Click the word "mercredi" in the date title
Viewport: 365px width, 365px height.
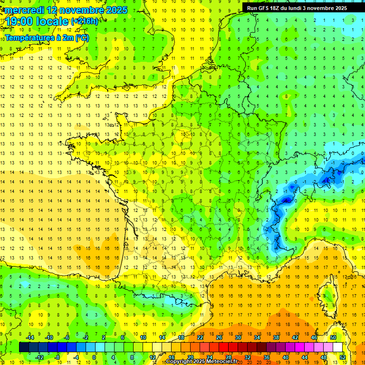pyautogui.click(x=25, y=10)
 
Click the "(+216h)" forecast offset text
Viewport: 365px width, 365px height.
pyautogui.click(x=85, y=21)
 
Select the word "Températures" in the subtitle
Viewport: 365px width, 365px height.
pyautogui.click(x=30, y=38)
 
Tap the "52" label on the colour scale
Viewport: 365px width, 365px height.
pyautogui.click(x=342, y=357)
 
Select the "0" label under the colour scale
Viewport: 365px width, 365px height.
pyautogui.click(x=95, y=357)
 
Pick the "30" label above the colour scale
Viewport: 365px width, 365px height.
pyautogui.click(x=238, y=337)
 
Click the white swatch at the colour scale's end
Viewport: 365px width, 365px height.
pyautogui.click(x=338, y=347)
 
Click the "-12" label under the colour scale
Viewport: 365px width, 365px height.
pyautogui.click(x=40, y=357)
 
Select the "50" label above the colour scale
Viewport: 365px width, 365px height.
pyautogui.click(x=333, y=337)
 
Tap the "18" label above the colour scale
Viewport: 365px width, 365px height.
pyautogui.click(x=181, y=337)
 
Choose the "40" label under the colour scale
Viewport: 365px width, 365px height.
pyautogui.click(x=285, y=357)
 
